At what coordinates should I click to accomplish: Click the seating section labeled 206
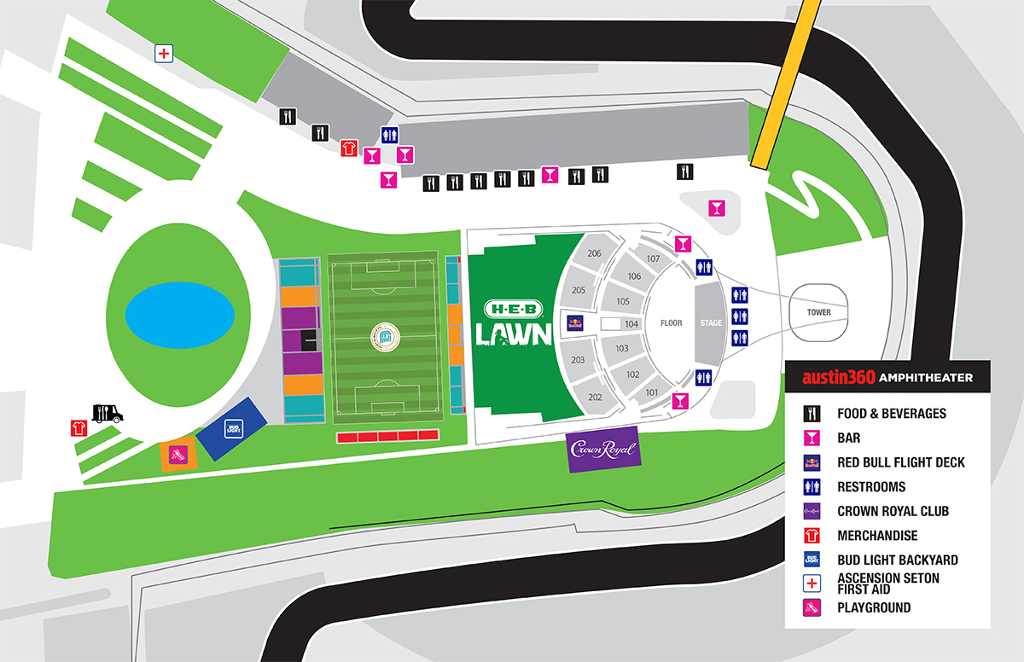point(594,253)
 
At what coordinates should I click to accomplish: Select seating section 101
point(651,392)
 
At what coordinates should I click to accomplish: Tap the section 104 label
point(631,324)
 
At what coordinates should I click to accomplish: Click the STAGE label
point(711,323)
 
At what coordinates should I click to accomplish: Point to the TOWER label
point(818,312)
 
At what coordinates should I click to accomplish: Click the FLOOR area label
point(672,323)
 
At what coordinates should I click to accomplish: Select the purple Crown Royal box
point(604,449)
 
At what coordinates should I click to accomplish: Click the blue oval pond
point(180,316)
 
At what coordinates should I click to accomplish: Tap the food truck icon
point(108,413)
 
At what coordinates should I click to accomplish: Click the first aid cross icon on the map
point(164,54)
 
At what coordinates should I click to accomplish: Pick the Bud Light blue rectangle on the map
point(233,428)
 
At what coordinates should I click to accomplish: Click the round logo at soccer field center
point(384,338)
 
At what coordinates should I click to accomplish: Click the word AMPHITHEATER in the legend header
point(926,377)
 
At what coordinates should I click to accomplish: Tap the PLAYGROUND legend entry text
point(874,608)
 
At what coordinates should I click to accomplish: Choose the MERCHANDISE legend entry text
point(877,536)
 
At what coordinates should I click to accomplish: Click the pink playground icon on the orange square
point(178,454)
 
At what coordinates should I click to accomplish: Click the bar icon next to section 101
point(681,400)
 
